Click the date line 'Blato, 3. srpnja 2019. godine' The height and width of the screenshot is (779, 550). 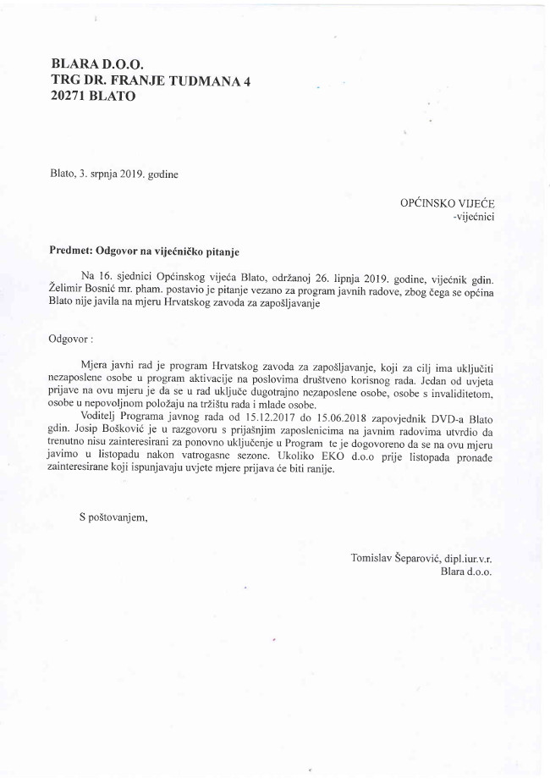pos(114,174)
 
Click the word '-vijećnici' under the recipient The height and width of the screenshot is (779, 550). pos(473,217)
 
